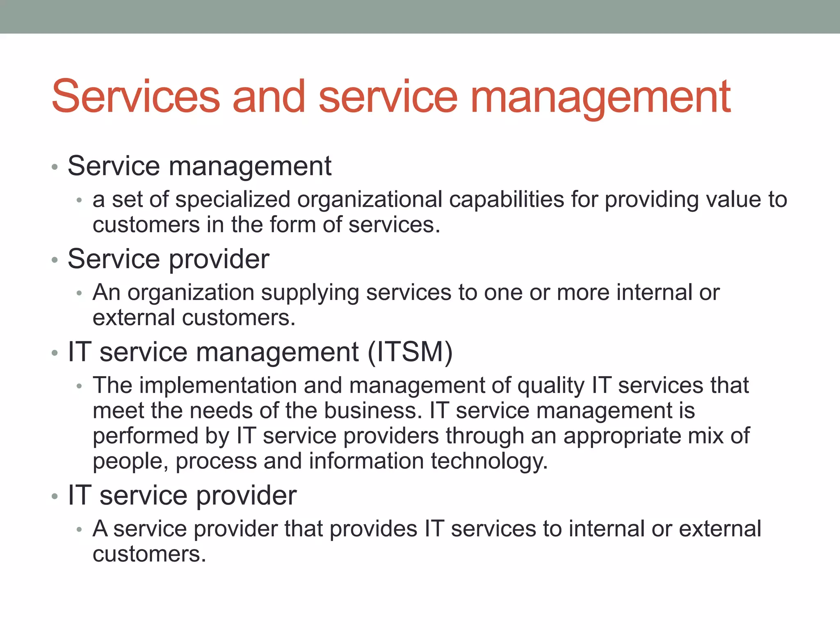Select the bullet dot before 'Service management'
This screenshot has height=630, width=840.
(x=55, y=167)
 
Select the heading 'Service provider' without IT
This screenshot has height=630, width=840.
(x=168, y=259)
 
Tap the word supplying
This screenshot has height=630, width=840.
(x=310, y=293)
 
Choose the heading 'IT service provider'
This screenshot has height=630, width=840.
(x=182, y=495)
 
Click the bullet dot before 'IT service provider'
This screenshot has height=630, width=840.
(x=55, y=497)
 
